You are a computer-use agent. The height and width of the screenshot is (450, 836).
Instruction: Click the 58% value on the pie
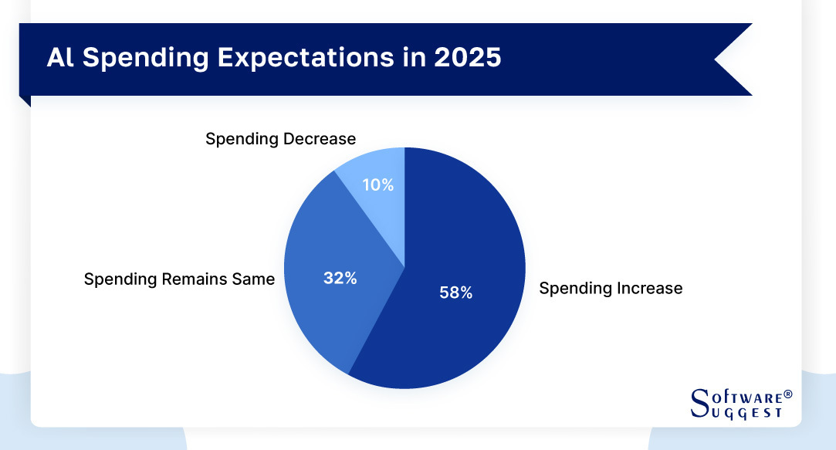[x=455, y=293]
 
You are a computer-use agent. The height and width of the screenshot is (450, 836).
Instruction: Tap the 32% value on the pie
[x=340, y=278]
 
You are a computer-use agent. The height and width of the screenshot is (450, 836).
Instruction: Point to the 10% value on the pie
[x=378, y=185]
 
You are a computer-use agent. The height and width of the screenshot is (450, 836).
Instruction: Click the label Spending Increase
[x=611, y=288]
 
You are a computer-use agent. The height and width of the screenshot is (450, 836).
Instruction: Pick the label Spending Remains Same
[x=179, y=279]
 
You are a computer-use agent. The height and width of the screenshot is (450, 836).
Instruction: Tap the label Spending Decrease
[x=280, y=139]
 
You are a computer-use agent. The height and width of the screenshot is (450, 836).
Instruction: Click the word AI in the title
[x=61, y=58]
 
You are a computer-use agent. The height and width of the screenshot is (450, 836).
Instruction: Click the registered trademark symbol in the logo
[x=788, y=394]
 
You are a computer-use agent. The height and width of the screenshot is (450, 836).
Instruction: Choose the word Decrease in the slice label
[x=320, y=139]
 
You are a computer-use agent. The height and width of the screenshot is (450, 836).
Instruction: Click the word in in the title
[x=409, y=58]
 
